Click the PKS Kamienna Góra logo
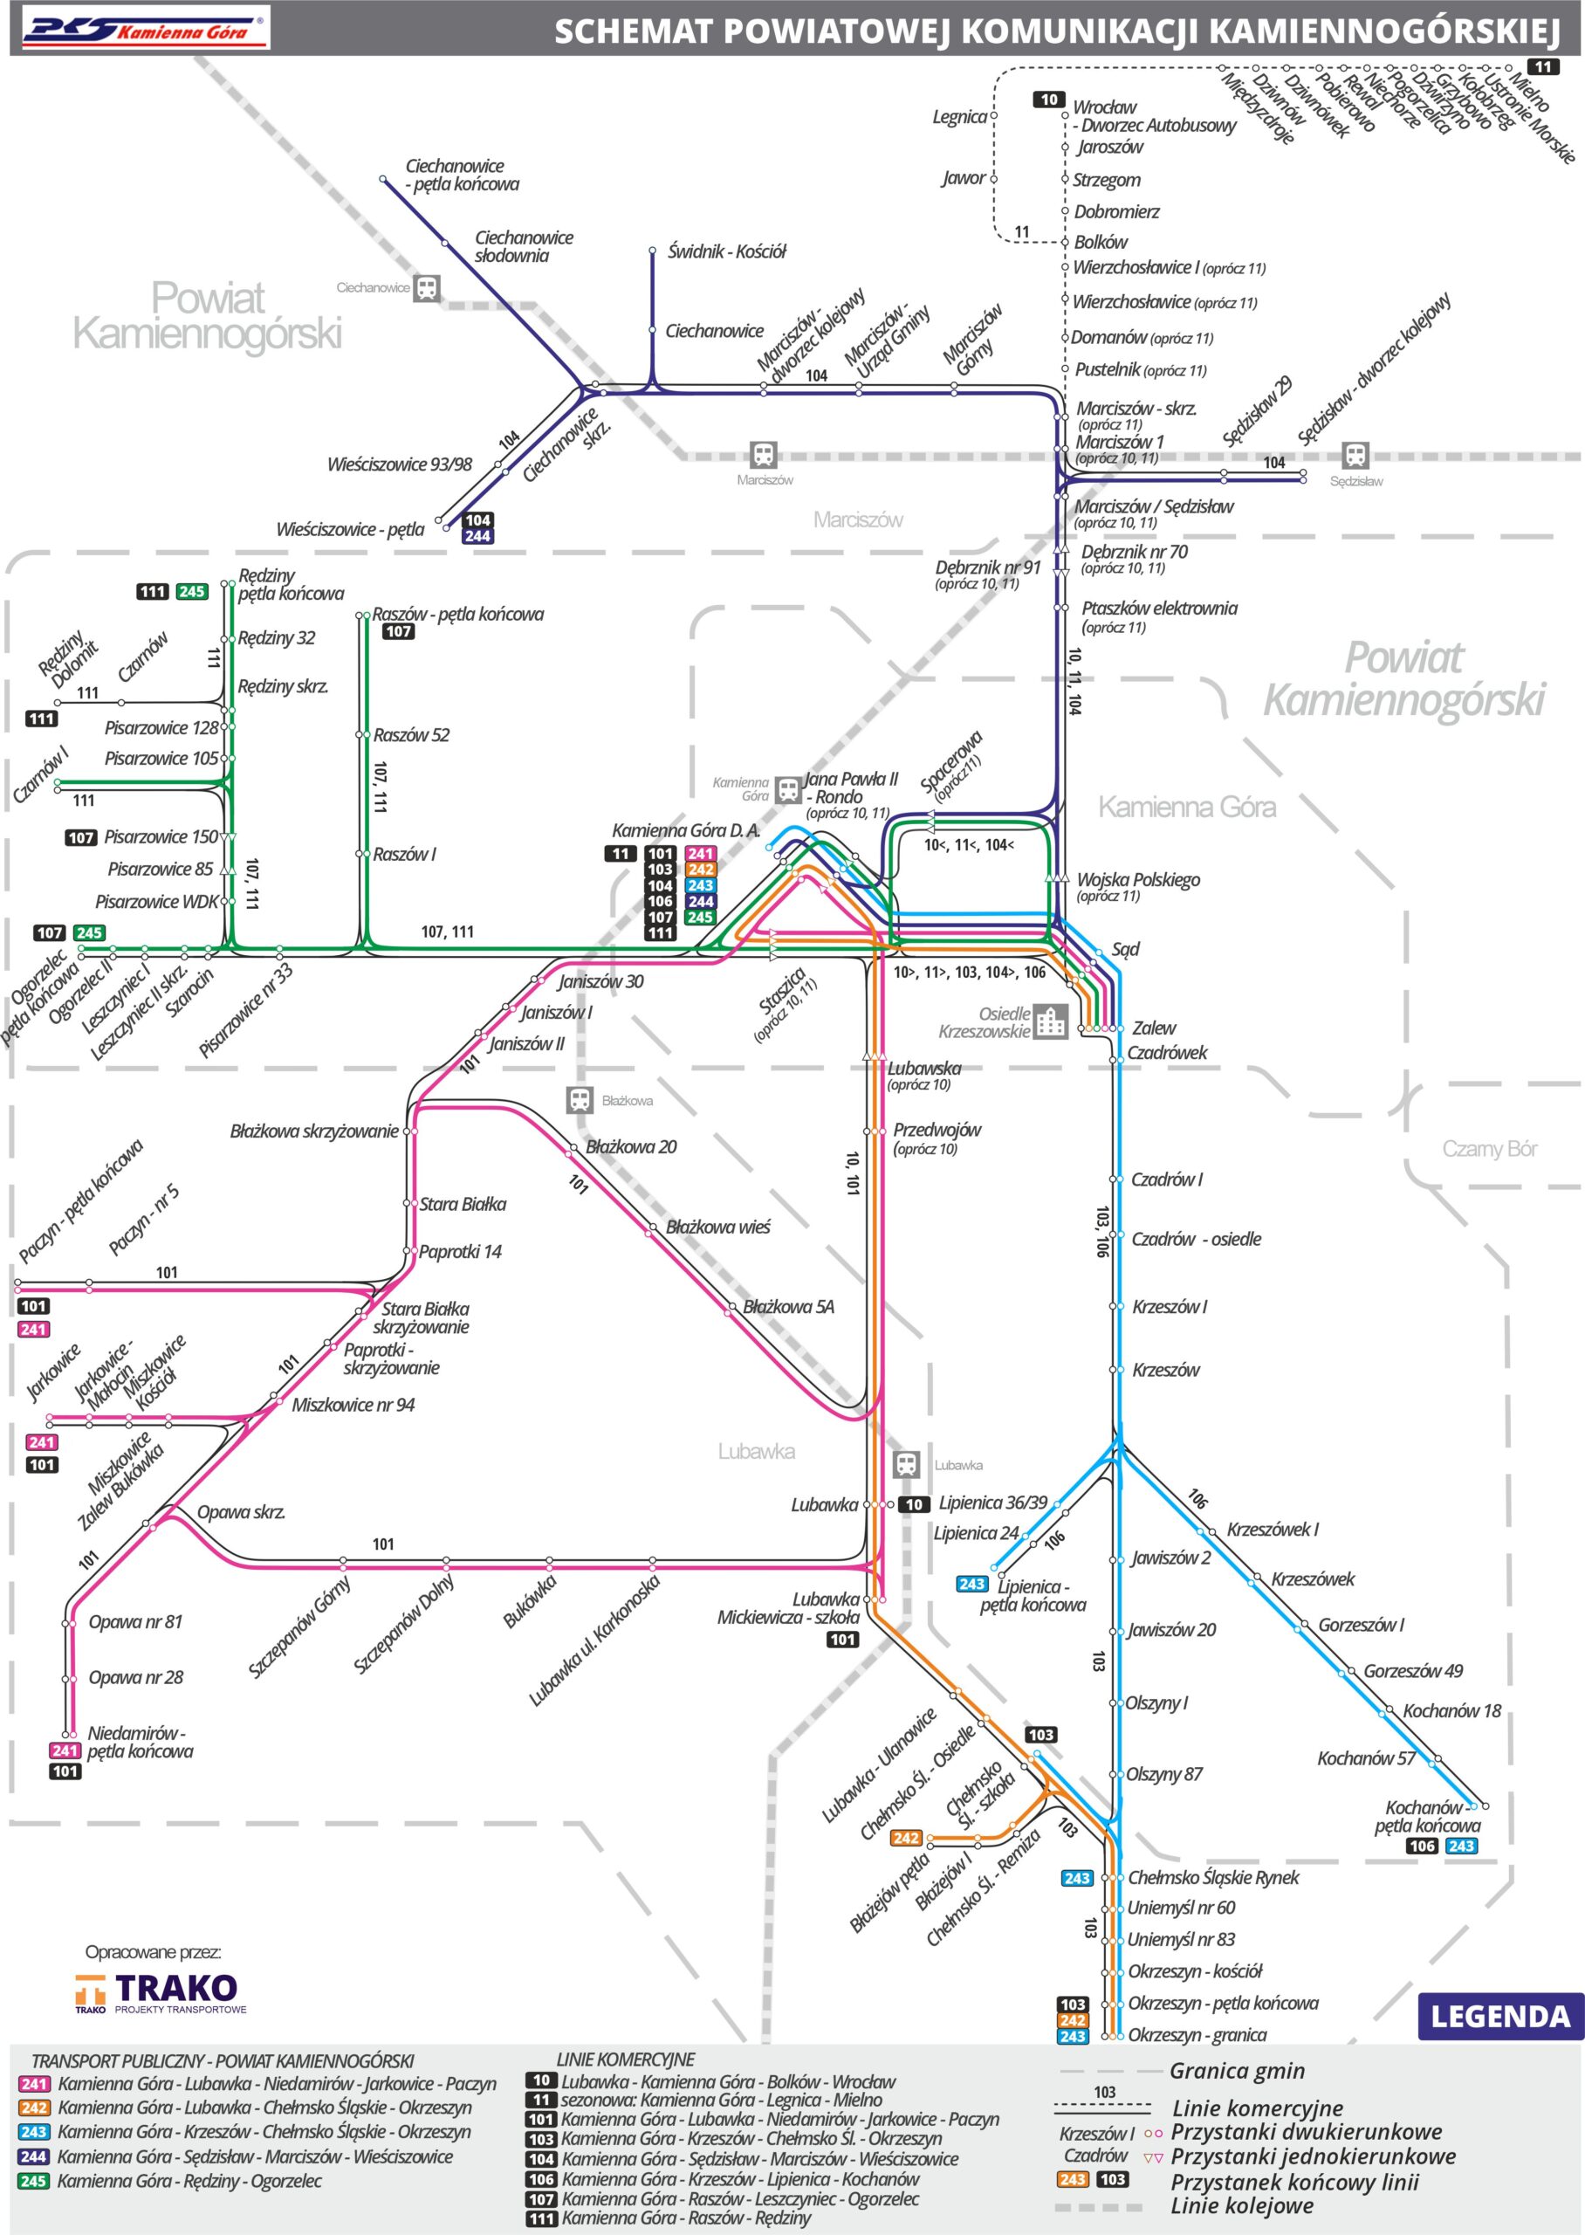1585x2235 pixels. click(141, 30)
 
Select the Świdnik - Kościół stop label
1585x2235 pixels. click(726, 251)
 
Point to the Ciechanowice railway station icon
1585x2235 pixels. click(427, 288)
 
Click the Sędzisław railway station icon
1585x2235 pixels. click(1355, 455)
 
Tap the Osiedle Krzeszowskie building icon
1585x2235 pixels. click(1050, 1021)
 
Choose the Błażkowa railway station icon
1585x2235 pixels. click(580, 1100)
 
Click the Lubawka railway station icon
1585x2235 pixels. click(907, 1464)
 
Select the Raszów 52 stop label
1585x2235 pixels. click(411, 735)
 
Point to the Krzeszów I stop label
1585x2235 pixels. click(1170, 1307)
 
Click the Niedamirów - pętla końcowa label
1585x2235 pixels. click(140, 1742)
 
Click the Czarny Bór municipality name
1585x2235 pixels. click(1489, 1149)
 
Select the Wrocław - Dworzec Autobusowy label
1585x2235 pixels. click(1154, 116)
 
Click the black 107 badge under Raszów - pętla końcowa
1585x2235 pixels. click(398, 631)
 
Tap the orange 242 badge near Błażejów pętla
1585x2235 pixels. click(906, 1838)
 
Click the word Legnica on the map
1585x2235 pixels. click(959, 117)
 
